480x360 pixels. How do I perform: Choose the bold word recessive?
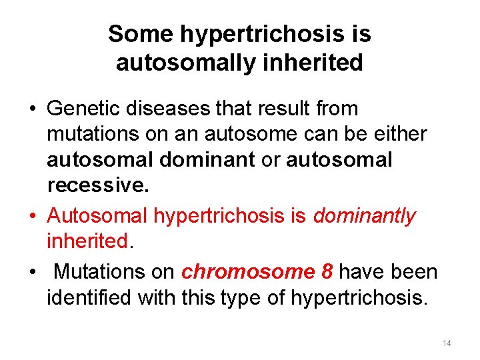pyautogui.click(x=98, y=186)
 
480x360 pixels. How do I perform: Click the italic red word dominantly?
pyautogui.click(x=364, y=216)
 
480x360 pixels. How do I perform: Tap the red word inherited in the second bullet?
pyautogui.click(x=87, y=241)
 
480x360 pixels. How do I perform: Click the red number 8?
pyautogui.click(x=327, y=272)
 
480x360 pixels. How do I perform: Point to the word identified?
pyautogui.click(x=89, y=297)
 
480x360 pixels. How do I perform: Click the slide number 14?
pyautogui.click(x=446, y=343)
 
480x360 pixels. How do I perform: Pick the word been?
pyautogui.click(x=415, y=272)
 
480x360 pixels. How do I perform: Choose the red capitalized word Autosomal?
pyautogui.click(x=98, y=216)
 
